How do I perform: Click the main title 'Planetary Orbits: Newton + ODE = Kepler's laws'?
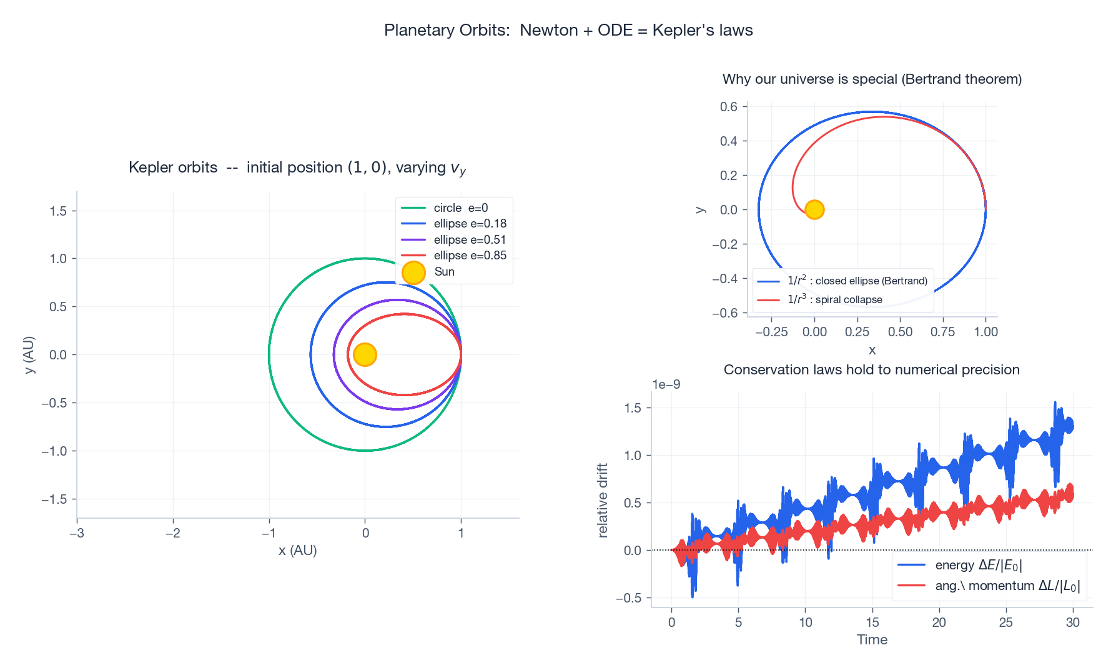click(x=568, y=30)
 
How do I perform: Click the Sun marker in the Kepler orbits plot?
click(x=365, y=354)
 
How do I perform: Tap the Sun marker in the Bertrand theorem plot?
click(x=814, y=209)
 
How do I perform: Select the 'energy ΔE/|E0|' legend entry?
click(x=978, y=565)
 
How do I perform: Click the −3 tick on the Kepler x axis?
click(x=77, y=533)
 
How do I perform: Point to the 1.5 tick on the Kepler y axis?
click(x=58, y=211)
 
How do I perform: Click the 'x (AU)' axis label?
click(x=298, y=550)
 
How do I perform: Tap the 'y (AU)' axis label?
click(x=29, y=355)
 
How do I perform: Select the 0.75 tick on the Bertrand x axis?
click(x=942, y=332)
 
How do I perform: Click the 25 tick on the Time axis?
click(x=1005, y=622)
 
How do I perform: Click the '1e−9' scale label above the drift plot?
click(x=666, y=384)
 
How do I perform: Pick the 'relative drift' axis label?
click(x=603, y=500)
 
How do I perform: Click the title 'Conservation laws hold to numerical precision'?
click(x=871, y=369)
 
